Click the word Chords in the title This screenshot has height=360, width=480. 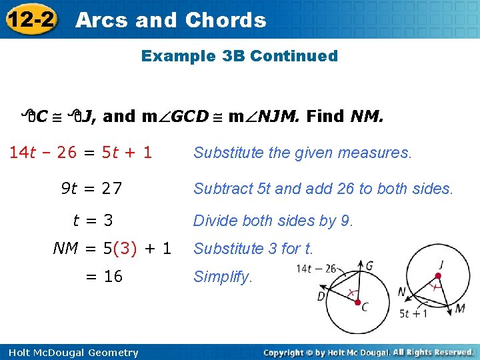click(x=225, y=20)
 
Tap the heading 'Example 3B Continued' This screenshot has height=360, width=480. click(x=239, y=56)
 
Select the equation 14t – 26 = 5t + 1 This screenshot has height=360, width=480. click(x=81, y=153)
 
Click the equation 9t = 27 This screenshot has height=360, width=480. click(x=91, y=189)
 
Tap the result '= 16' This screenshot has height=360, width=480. click(x=104, y=276)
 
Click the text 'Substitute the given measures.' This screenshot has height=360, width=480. click(x=303, y=153)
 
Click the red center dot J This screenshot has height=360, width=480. click(x=438, y=275)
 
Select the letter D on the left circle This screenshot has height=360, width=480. click(x=322, y=295)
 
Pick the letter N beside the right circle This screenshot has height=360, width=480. click(x=401, y=292)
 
